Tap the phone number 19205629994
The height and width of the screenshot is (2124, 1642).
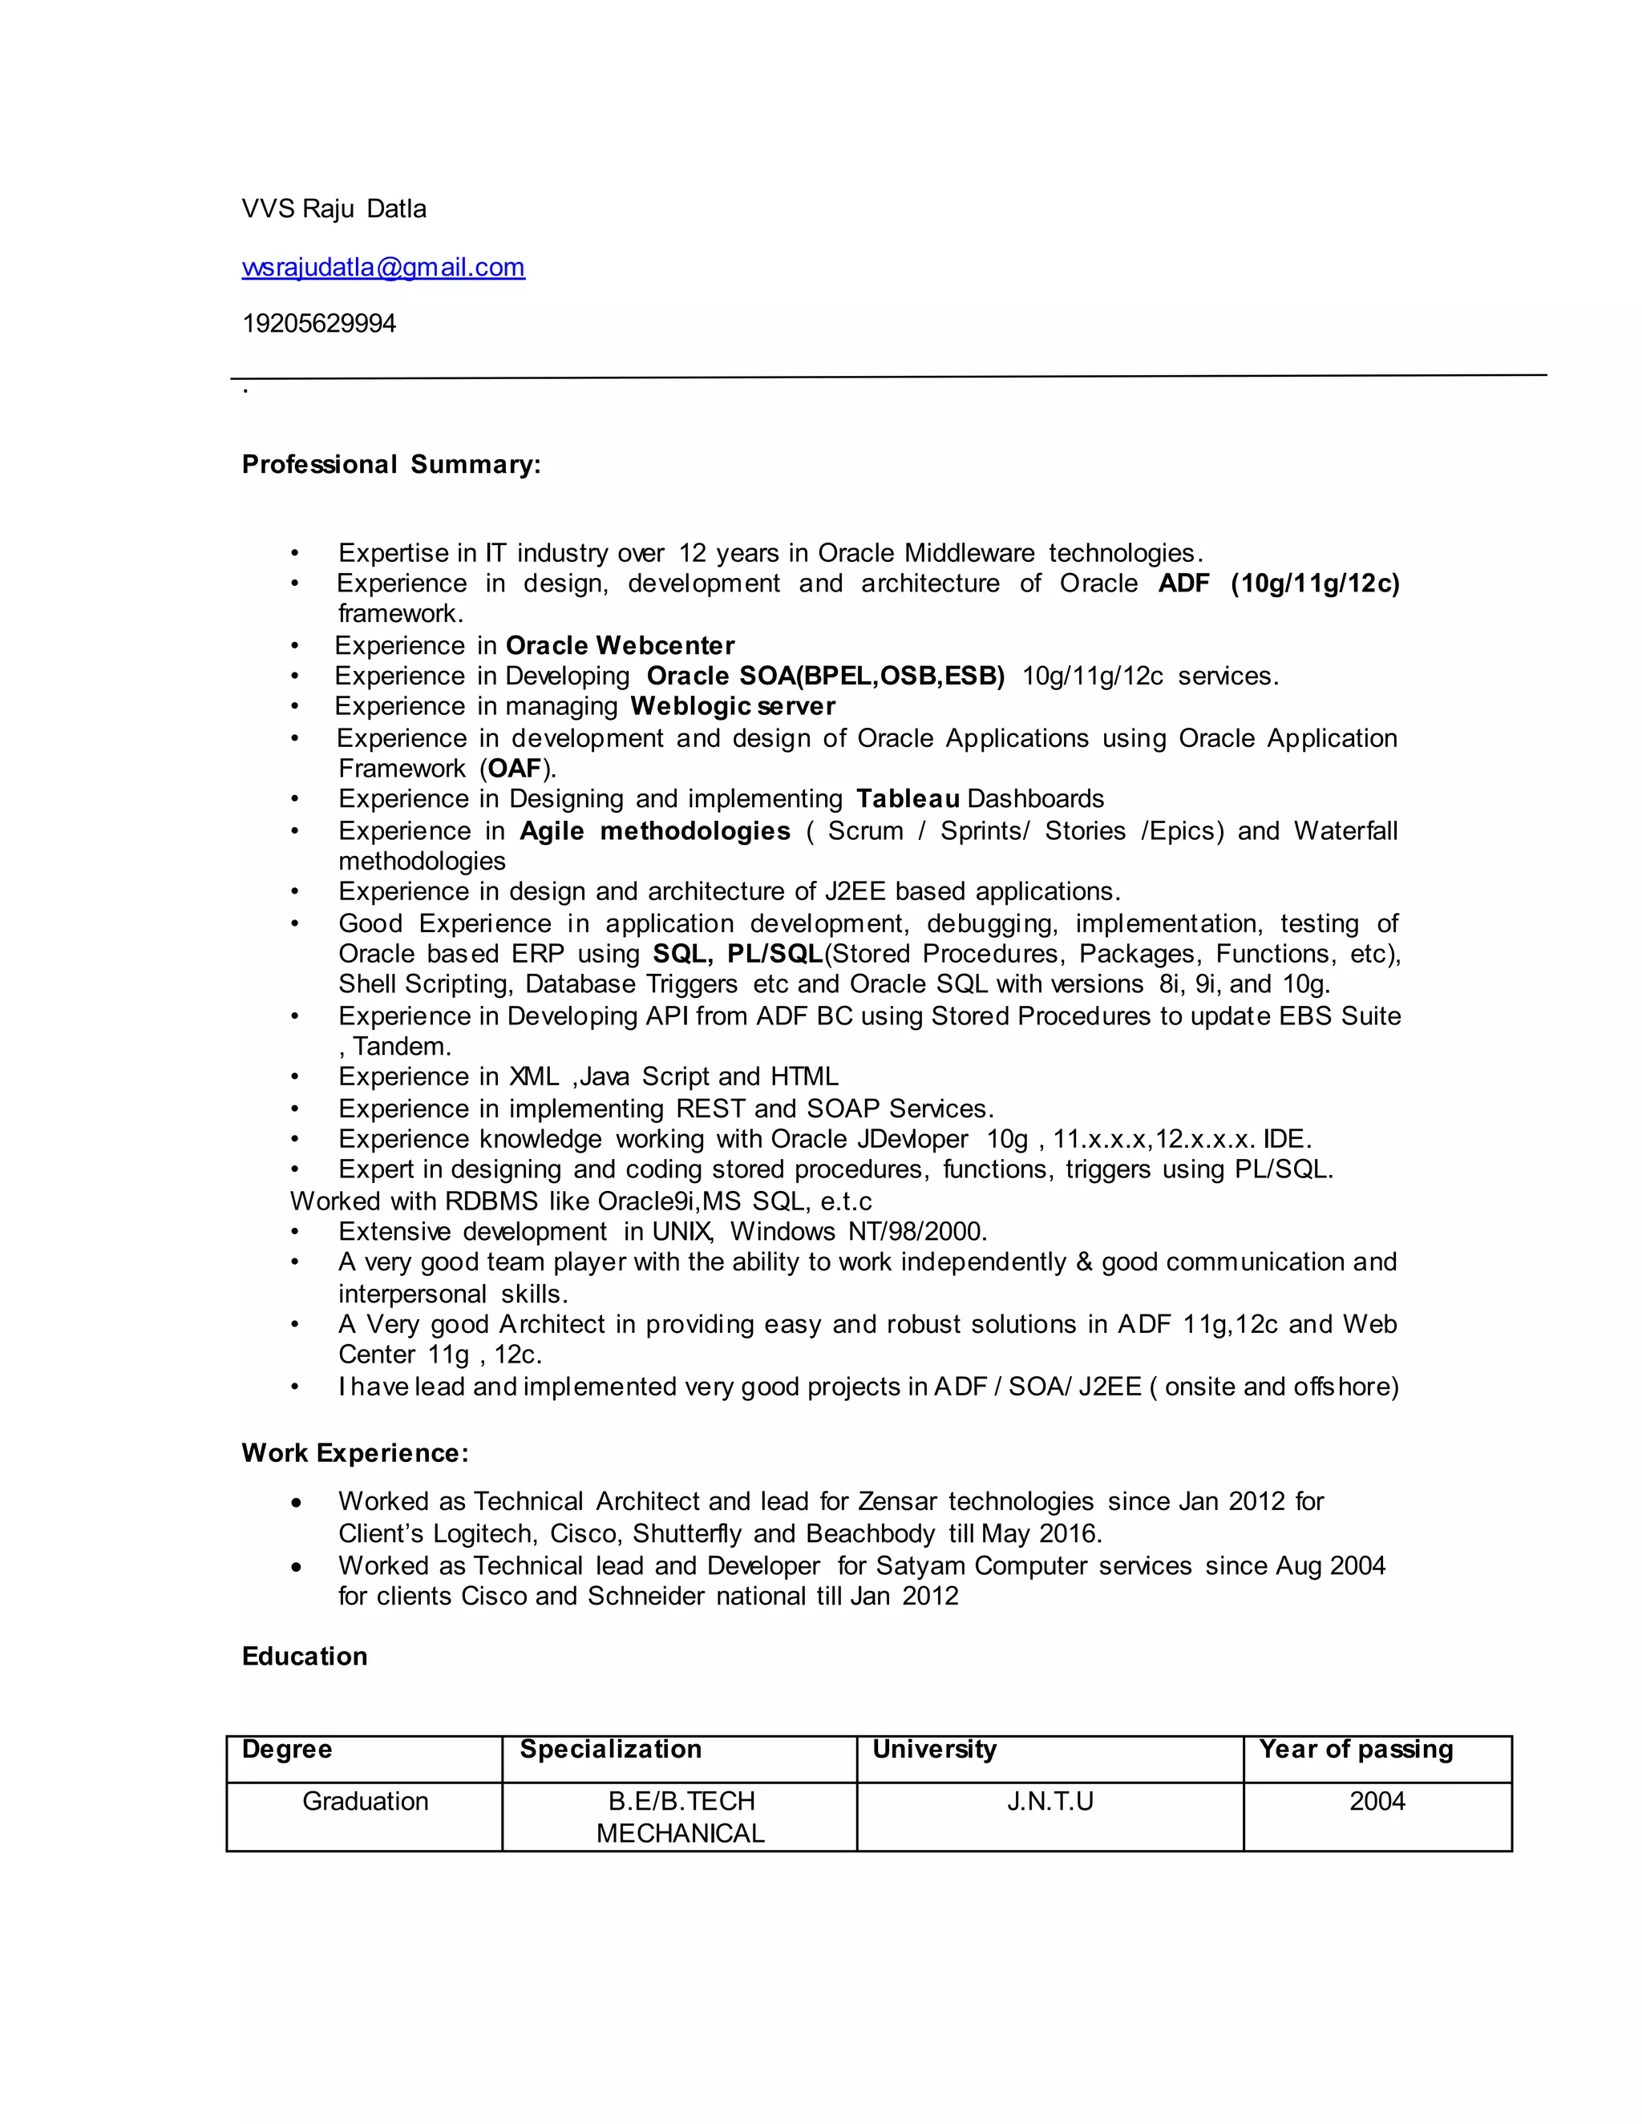[x=319, y=323]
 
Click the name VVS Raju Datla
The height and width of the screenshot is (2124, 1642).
[x=334, y=209]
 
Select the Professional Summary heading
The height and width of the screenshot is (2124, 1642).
[x=391, y=464]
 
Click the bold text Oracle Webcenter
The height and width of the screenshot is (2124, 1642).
[x=620, y=646]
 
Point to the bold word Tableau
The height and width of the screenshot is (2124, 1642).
[x=908, y=798]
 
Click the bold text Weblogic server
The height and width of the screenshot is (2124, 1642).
[x=733, y=706]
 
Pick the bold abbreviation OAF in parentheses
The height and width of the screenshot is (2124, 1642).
[x=515, y=769]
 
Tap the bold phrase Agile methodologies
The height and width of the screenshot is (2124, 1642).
[x=655, y=830]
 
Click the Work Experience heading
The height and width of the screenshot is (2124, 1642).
[x=355, y=1453]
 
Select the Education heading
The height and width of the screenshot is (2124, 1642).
[x=305, y=1656]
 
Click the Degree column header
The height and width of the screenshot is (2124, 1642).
[x=287, y=1750]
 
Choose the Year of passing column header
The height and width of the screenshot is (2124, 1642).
[x=1355, y=1750]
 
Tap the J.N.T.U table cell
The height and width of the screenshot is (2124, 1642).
[x=1050, y=1802]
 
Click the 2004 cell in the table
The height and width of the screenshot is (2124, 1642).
[x=1377, y=1802]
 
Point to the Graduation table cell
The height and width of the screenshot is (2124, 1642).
[x=365, y=1802]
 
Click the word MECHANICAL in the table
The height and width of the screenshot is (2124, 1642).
[x=680, y=1833]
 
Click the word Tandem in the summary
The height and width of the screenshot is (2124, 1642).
[x=400, y=1047]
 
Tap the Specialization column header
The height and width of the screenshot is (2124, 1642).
[x=610, y=1750]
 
